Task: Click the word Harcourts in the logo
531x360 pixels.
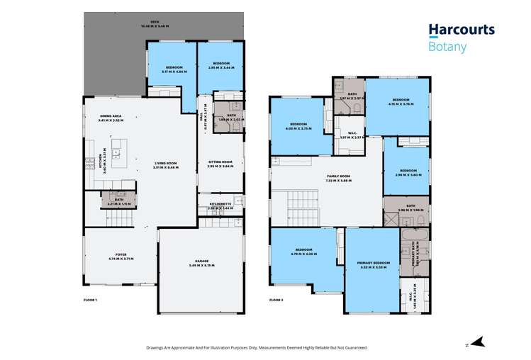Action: (x=462, y=30)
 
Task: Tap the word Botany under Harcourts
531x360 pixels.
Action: (x=447, y=47)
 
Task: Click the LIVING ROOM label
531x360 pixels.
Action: (x=167, y=164)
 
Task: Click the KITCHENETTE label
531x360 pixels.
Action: (x=220, y=204)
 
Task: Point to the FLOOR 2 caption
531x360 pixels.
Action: (x=276, y=300)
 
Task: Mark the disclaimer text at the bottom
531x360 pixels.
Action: (x=262, y=347)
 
